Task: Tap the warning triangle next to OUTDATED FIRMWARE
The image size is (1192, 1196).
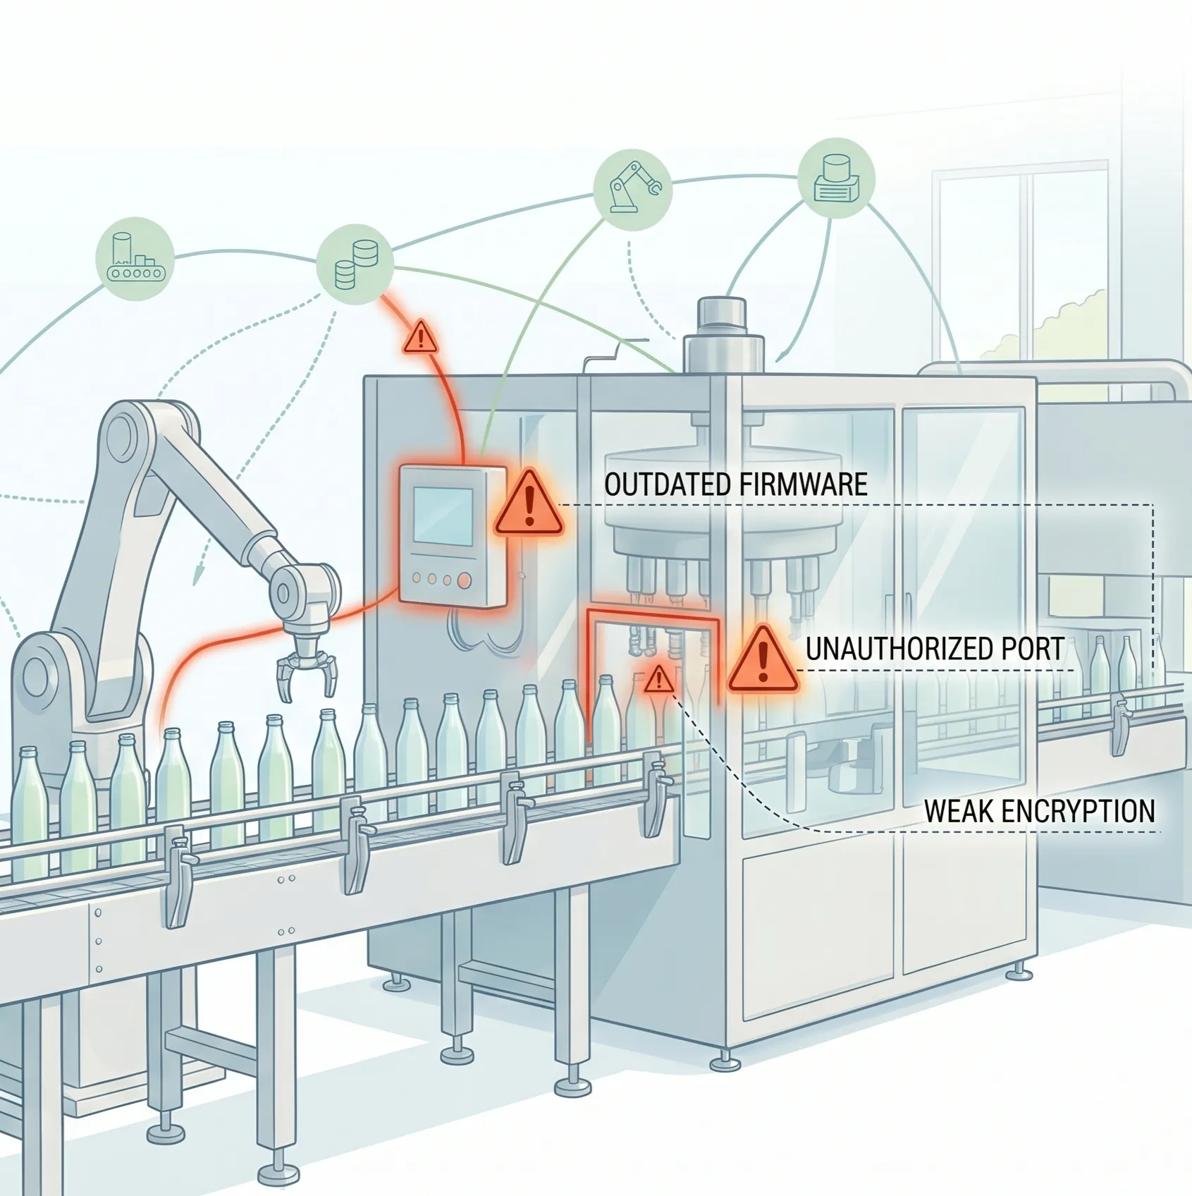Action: click(529, 504)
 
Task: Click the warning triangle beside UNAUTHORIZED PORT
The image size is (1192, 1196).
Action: click(763, 659)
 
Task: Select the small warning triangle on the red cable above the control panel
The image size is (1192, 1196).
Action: click(421, 337)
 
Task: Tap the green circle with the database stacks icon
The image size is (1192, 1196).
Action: click(355, 264)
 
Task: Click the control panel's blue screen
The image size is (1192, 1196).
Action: click(443, 516)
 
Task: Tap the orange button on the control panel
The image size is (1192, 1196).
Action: click(465, 580)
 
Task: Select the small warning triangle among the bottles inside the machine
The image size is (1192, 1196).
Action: click(658, 679)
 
